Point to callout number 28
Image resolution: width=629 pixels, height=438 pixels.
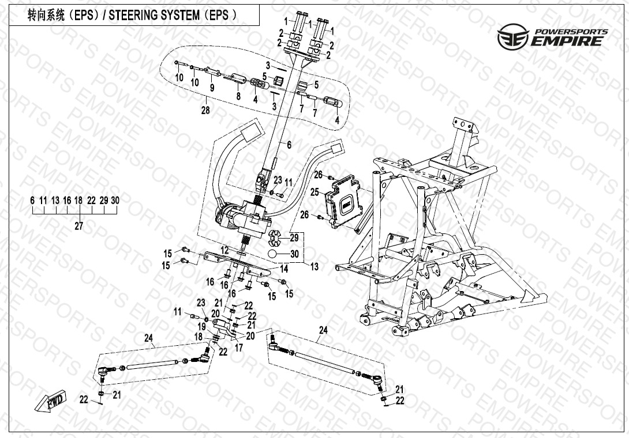click(205, 110)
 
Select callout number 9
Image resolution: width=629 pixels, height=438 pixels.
click(212, 88)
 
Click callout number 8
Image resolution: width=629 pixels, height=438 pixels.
click(238, 96)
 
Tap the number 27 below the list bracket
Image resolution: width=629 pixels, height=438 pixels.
click(78, 226)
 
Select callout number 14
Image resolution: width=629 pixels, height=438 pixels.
click(283, 269)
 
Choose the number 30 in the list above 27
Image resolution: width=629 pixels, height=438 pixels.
click(115, 200)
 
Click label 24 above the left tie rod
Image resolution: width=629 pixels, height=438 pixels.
click(149, 338)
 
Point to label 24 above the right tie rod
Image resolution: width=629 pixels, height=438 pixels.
click(323, 330)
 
